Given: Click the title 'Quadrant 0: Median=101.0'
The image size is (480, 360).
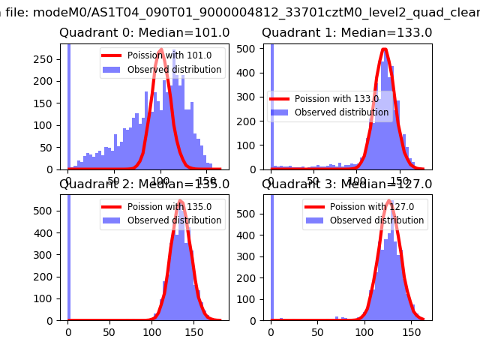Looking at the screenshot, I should tap(144, 33).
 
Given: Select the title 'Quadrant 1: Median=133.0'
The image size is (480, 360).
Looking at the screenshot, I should tap(346, 33).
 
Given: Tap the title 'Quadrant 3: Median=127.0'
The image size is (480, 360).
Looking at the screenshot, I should tap(346, 184).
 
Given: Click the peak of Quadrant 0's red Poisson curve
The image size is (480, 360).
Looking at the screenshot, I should tap(161, 50).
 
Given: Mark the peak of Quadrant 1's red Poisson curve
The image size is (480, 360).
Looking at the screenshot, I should tap(384, 50).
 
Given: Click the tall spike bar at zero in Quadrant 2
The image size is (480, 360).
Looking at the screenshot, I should tap(69, 255).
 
